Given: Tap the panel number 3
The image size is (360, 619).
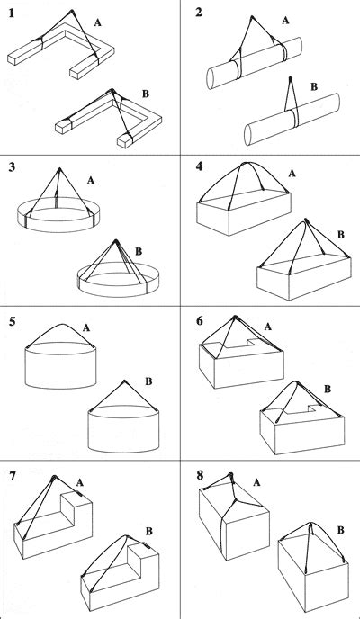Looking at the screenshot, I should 12,167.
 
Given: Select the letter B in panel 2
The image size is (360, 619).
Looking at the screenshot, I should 313,86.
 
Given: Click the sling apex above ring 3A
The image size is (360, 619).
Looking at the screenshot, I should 60,168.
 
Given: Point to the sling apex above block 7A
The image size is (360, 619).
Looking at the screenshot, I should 54,478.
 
